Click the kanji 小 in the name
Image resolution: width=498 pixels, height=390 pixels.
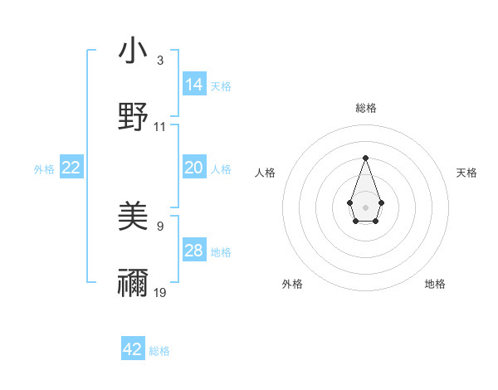[x=134, y=51]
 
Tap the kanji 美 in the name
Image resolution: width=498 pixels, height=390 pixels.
[x=134, y=218]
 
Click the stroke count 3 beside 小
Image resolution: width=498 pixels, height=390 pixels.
[x=160, y=61]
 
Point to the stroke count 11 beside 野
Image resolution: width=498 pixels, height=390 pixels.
[x=160, y=126]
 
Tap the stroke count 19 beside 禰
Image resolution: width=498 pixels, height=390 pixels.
[x=160, y=292]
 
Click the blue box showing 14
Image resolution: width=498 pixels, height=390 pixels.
[x=193, y=84]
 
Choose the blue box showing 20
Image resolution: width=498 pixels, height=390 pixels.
[x=193, y=168]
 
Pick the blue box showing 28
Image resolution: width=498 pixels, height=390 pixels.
[x=193, y=251]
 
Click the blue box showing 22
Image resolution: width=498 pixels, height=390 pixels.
[x=71, y=168]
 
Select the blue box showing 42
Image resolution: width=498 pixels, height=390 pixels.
[x=133, y=349]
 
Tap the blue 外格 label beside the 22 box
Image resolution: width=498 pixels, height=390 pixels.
[x=44, y=168]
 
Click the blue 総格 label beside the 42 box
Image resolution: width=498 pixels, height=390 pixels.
[x=159, y=351]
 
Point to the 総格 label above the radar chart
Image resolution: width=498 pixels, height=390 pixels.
[x=365, y=108]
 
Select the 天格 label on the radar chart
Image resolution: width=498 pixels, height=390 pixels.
[x=466, y=173]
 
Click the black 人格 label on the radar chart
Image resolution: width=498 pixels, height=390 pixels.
[x=266, y=173]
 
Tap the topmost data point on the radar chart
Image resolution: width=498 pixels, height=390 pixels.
[x=365, y=158]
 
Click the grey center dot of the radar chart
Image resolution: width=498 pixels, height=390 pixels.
[x=365, y=206]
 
